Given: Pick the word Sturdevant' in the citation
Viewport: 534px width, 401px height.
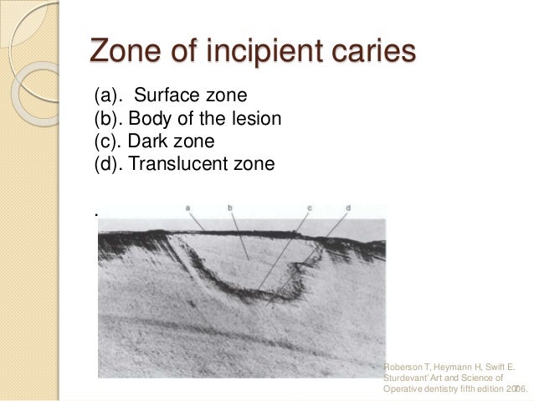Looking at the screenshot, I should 408,378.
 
